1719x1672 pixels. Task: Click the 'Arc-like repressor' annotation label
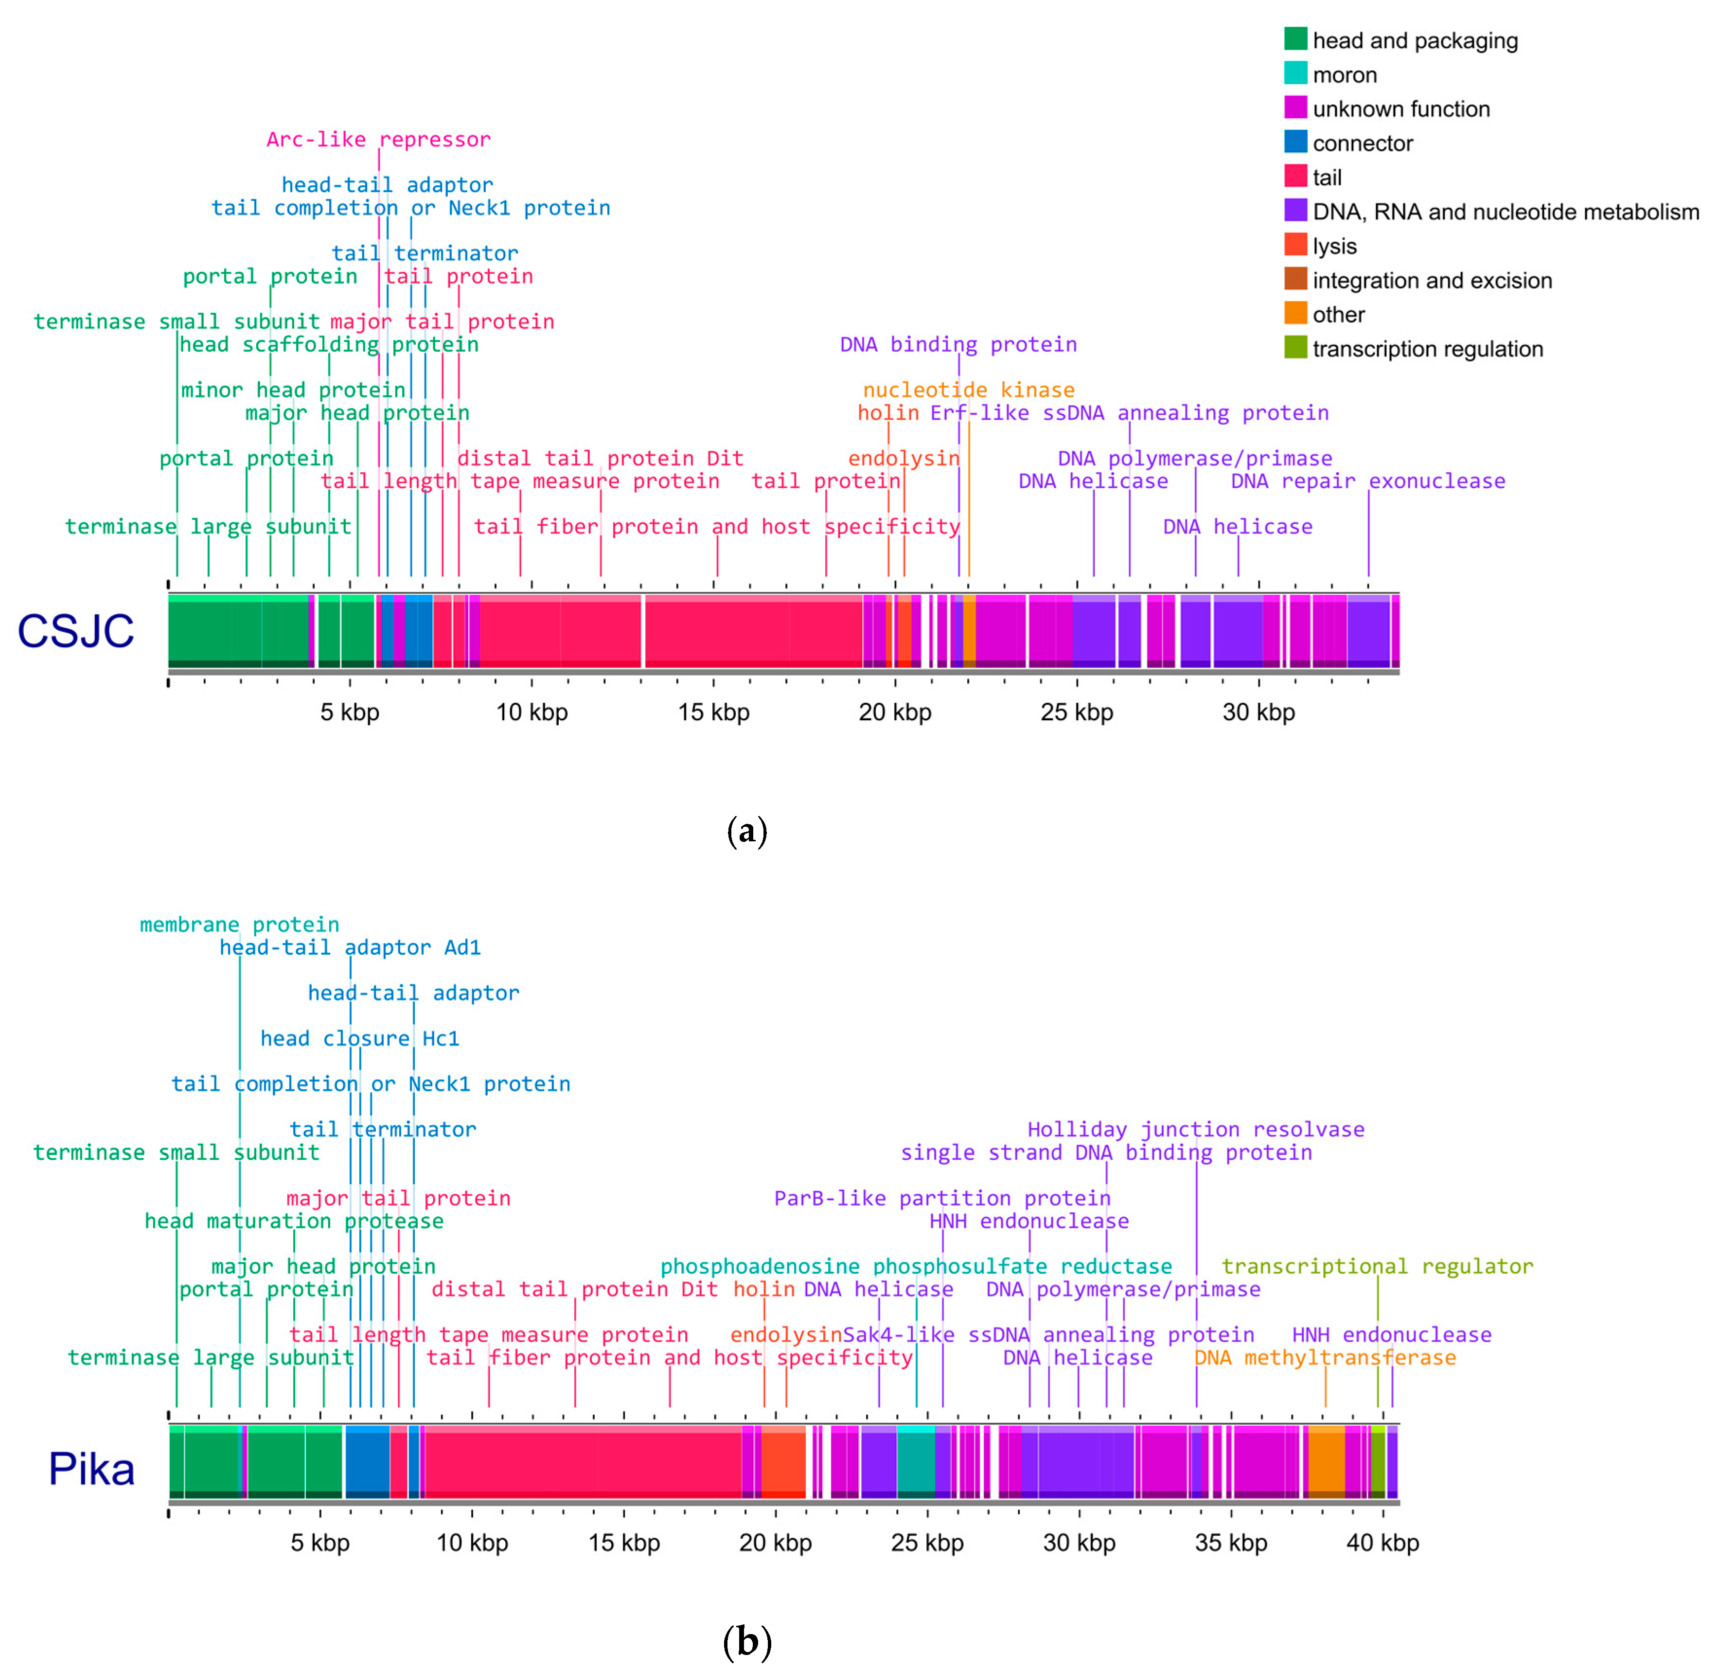[x=378, y=140]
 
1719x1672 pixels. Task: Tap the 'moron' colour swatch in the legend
[x=1295, y=74]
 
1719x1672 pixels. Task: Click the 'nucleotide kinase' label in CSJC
[x=968, y=390]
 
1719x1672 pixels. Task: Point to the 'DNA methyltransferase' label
[x=1324, y=1358]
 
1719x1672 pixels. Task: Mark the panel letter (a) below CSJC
[x=747, y=831]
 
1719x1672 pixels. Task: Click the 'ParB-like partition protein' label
[x=942, y=1199]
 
